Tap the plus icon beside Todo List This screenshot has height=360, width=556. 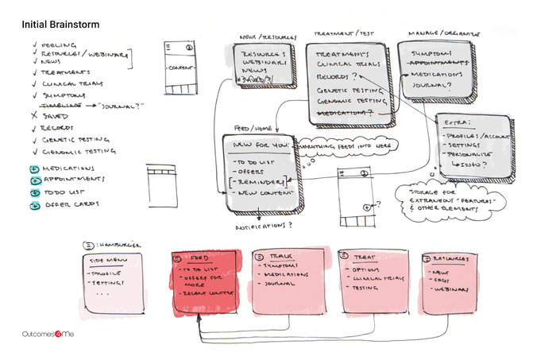[33, 192]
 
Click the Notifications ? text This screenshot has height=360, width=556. [264, 226]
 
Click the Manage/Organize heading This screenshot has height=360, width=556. [435, 35]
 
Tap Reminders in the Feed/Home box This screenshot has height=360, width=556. [259, 183]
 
